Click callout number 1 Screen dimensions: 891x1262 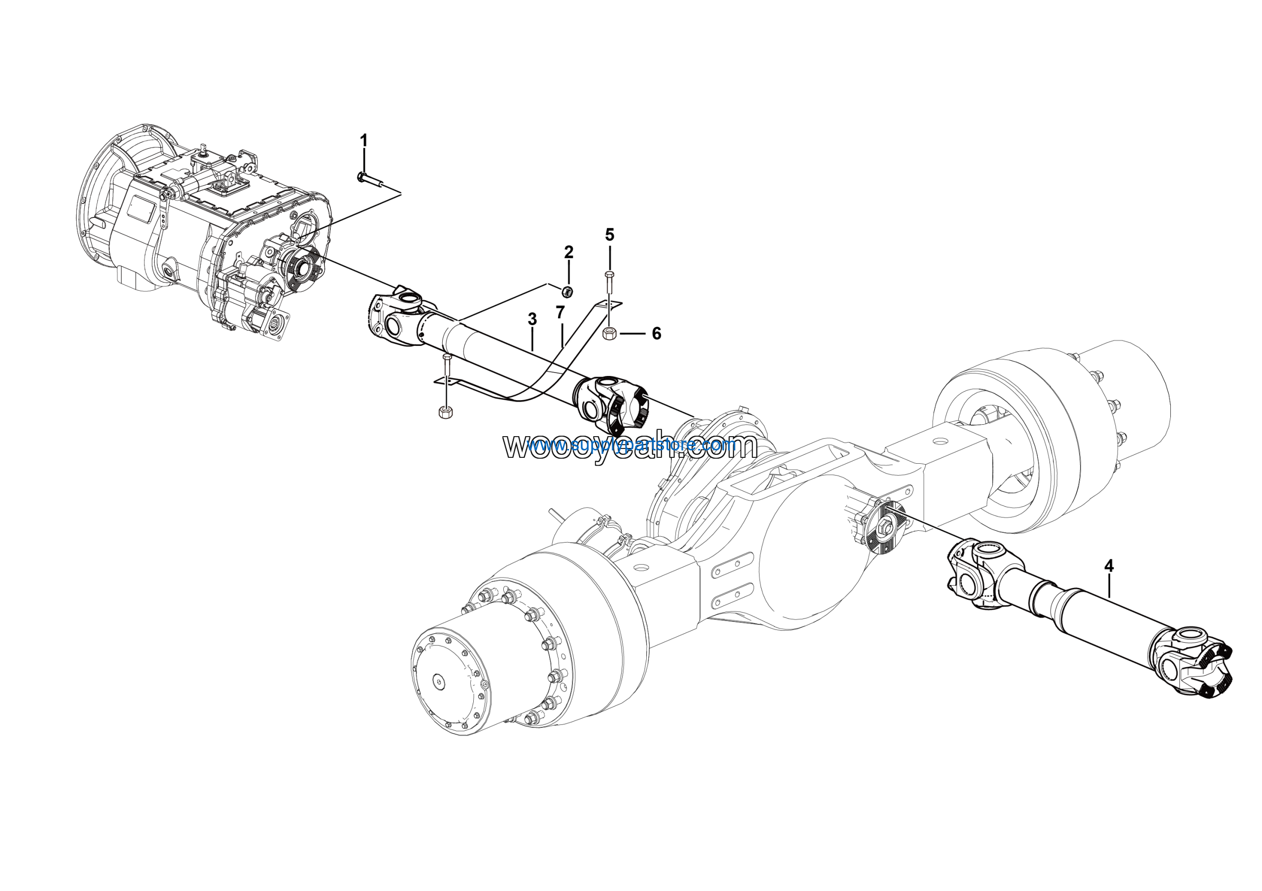[x=363, y=140]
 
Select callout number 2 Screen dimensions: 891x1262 [x=568, y=252]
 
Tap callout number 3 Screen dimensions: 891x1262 [x=531, y=319]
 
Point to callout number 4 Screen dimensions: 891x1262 [x=1109, y=565]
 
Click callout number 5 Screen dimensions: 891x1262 [x=610, y=235]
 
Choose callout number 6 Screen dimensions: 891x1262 [x=656, y=334]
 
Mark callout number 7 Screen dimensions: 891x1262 [x=560, y=312]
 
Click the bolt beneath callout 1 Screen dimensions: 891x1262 [x=371, y=178]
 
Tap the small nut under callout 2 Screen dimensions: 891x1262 [x=568, y=291]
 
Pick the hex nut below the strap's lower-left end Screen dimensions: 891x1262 [x=445, y=412]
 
